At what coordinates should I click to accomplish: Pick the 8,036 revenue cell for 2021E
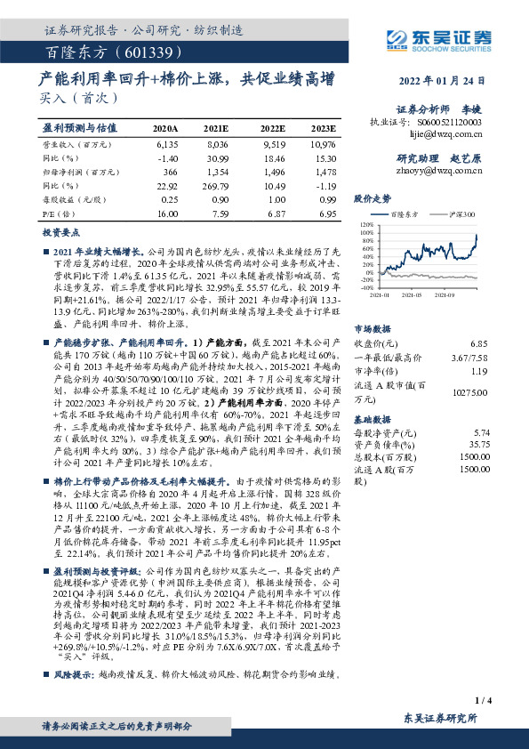pyautogui.click(x=217, y=143)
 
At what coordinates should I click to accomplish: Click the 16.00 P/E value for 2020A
pyautogui.click(x=167, y=214)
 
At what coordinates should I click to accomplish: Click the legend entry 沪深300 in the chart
pyautogui.click(x=459, y=214)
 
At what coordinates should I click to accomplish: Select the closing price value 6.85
pyautogui.click(x=479, y=342)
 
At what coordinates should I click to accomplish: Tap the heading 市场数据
pyautogui.click(x=373, y=327)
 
